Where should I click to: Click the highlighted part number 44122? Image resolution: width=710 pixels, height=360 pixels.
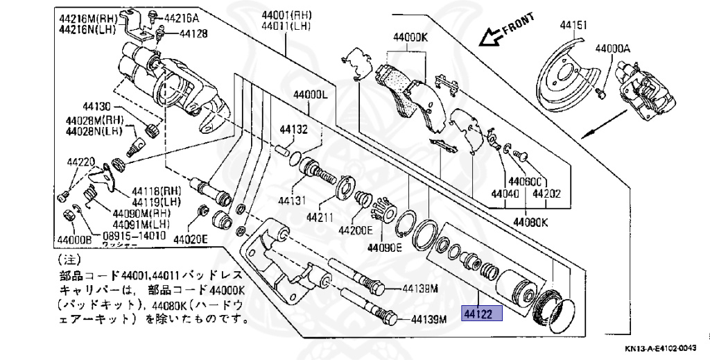[478, 314]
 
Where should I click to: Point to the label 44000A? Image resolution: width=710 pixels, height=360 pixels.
[612, 49]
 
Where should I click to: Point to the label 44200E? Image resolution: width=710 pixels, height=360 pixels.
[355, 230]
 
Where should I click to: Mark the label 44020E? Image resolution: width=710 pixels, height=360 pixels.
[191, 240]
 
